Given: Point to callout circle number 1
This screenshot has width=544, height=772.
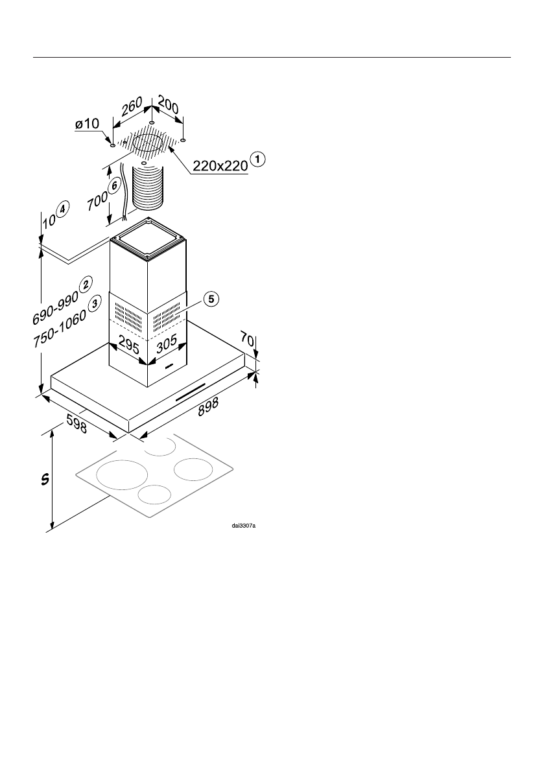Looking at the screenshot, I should [258, 158].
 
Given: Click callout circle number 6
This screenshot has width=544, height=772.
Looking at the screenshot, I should [114, 185].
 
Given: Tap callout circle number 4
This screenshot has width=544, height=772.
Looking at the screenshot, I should [61, 211].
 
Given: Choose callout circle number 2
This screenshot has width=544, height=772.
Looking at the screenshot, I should [85, 283].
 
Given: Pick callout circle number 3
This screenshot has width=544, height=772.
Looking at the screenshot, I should [95, 301].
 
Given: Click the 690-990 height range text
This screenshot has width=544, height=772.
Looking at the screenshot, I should [55, 308].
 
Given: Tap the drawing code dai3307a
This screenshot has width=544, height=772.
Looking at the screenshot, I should [244, 526].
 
